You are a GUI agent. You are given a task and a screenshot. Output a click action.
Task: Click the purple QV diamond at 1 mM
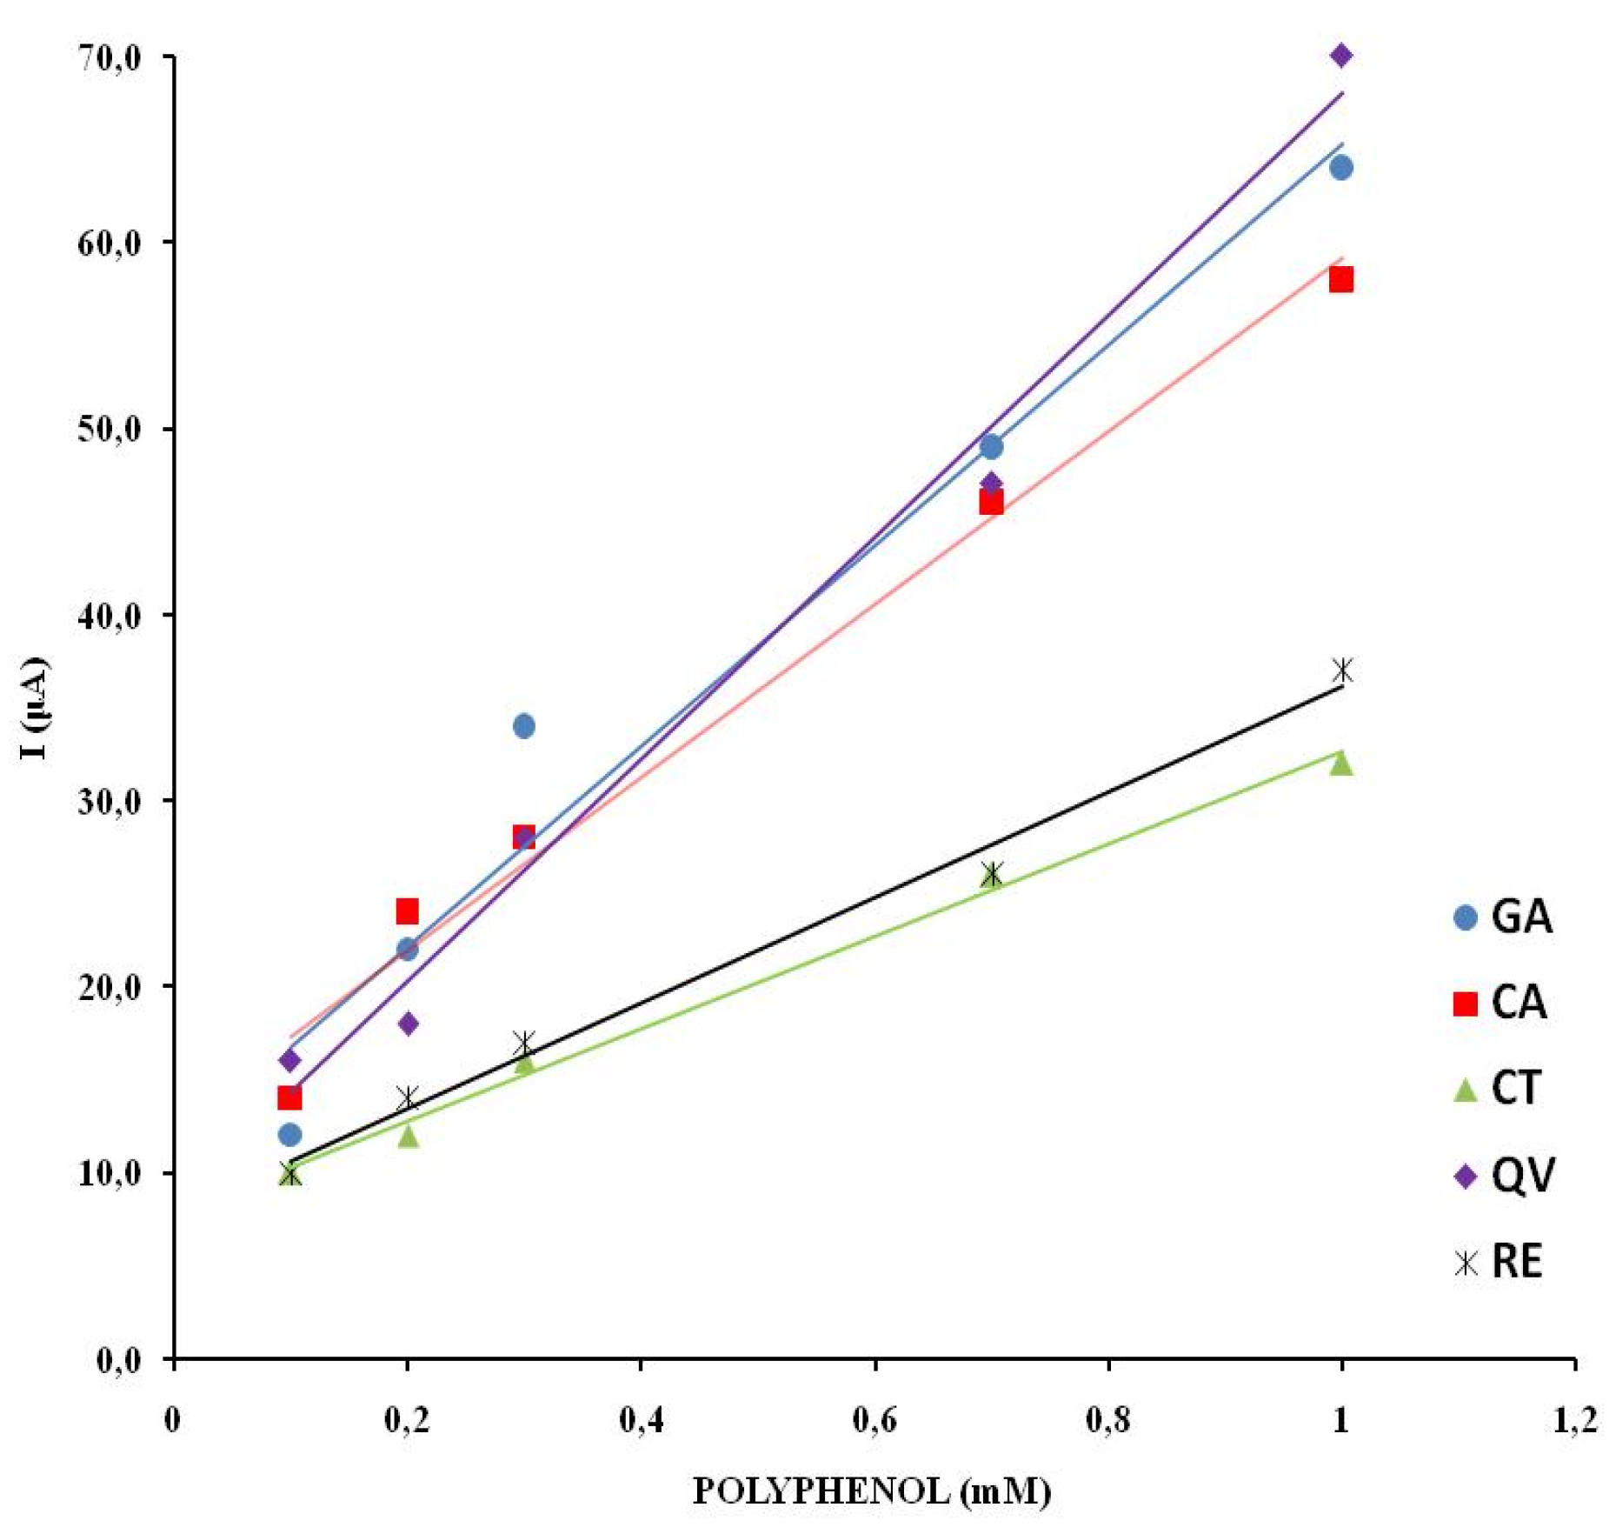pyautogui.click(x=1340, y=56)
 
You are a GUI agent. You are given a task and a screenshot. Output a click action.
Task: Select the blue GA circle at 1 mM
pyautogui.click(x=1340, y=167)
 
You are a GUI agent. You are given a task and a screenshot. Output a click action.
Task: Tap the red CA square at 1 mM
pyautogui.click(x=1340, y=279)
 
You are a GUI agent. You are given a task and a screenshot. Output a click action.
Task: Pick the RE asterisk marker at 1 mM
pyautogui.click(x=1342, y=670)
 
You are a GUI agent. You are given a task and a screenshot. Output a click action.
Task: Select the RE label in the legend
pyautogui.click(x=1516, y=1262)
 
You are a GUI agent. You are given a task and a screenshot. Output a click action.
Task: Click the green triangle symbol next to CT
pyautogui.click(x=1466, y=1090)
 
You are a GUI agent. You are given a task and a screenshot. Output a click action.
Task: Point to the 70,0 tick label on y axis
pyautogui.click(x=110, y=57)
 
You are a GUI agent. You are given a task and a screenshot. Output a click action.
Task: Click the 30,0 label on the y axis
pyautogui.click(x=110, y=800)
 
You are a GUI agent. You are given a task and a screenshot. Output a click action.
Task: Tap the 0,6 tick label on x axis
pyautogui.click(x=875, y=1421)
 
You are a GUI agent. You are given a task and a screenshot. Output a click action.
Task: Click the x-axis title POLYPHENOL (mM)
pyautogui.click(x=872, y=1491)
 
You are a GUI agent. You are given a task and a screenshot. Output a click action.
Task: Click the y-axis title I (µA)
pyautogui.click(x=35, y=708)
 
